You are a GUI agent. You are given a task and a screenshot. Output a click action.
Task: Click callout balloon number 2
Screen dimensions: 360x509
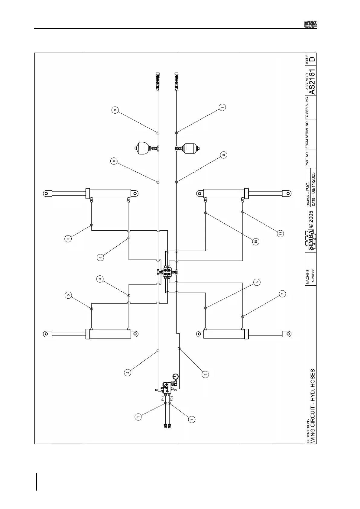tap(128, 372)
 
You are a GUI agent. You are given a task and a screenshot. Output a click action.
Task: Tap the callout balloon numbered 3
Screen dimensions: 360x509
tap(206, 374)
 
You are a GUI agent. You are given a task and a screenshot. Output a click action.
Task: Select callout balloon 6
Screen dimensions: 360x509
tap(257, 282)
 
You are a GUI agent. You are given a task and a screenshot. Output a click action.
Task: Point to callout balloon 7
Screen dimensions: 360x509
tap(282, 293)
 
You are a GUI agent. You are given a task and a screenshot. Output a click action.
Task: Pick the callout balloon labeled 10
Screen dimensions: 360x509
tap(256, 242)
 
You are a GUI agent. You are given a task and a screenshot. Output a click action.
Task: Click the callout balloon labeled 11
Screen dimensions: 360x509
tap(281, 233)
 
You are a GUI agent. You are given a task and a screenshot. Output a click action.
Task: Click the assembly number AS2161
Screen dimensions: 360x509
tap(312, 82)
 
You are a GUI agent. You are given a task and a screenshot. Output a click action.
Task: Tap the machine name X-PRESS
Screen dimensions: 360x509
tap(313, 275)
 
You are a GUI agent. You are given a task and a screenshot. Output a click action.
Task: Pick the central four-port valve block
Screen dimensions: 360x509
tap(167, 272)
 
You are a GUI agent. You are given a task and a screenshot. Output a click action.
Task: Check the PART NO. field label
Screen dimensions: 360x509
tap(307, 159)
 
